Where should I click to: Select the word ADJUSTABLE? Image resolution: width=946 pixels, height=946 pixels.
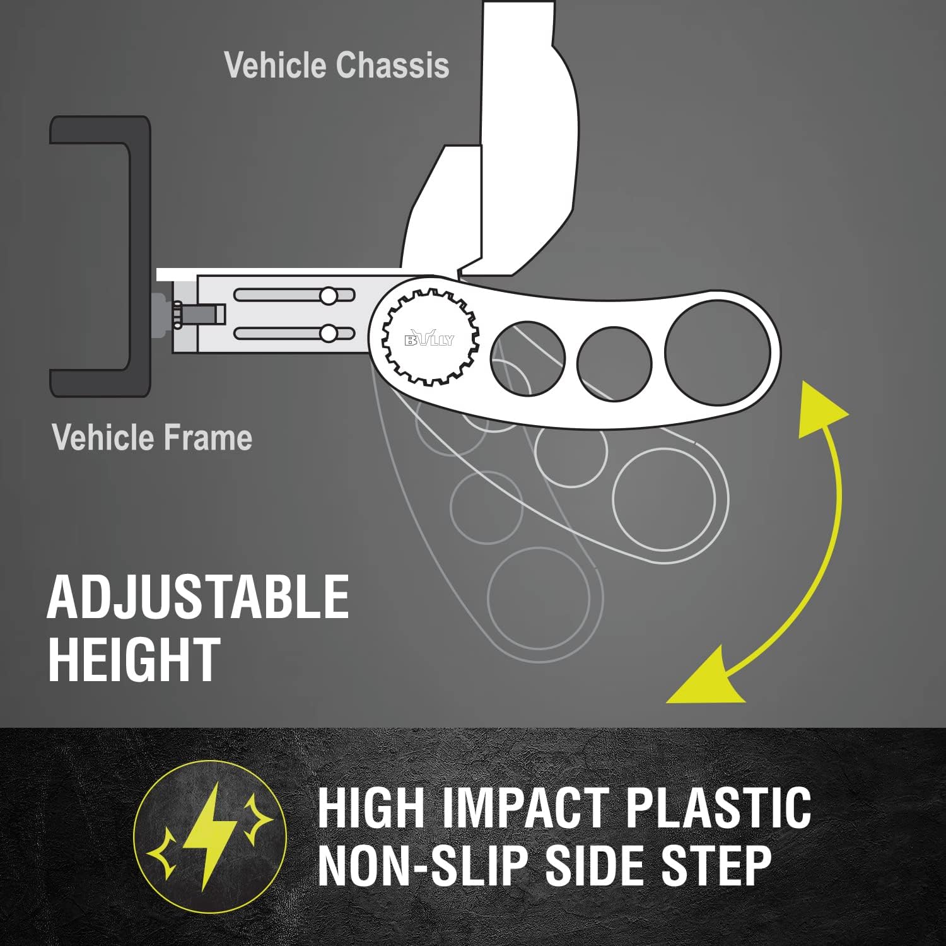tap(198, 597)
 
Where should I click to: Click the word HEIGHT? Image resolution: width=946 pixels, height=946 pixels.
tap(134, 658)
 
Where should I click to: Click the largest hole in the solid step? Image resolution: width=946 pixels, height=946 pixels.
tap(718, 353)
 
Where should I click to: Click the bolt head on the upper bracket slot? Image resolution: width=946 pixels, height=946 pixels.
tap(329, 295)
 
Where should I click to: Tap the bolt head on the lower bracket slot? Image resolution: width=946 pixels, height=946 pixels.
tap(329, 332)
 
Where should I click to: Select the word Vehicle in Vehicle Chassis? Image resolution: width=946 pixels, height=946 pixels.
tap(276, 66)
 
